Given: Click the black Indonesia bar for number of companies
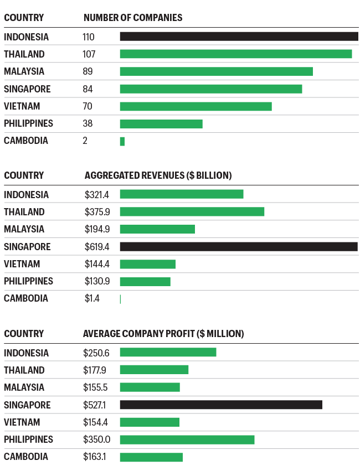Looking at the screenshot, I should click(x=239, y=37).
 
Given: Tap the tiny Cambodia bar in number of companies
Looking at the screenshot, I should click(x=122, y=141).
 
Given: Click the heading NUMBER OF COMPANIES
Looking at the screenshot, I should click(x=133, y=18).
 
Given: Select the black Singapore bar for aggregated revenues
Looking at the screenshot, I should click(x=239, y=247).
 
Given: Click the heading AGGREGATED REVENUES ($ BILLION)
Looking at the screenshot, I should click(x=158, y=175).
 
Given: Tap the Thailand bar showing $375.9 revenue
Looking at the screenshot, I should click(x=192, y=212).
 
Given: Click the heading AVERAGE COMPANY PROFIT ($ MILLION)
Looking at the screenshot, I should click(x=163, y=334).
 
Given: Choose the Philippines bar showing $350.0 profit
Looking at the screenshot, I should click(x=187, y=439).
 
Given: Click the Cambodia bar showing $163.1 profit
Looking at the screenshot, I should click(x=151, y=457).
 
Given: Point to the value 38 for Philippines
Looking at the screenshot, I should click(x=88, y=123).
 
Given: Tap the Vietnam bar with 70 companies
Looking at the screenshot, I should click(x=196, y=106).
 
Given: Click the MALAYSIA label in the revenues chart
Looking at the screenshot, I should click(x=24, y=229).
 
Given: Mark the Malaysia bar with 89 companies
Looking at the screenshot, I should click(x=216, y=71).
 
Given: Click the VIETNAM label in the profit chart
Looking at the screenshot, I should click(x=22, y=422).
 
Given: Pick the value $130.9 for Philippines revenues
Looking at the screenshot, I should click(x=98, y=281).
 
